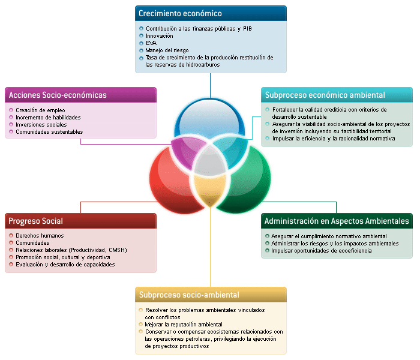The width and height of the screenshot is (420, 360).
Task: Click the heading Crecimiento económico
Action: point(180,13)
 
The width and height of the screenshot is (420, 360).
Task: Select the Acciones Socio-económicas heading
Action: point(58,95)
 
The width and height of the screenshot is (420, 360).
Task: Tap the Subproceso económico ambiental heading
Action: point(325,95)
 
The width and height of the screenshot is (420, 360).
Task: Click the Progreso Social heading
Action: point(36,221)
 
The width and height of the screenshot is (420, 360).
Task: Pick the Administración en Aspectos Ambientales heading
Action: point(337,221)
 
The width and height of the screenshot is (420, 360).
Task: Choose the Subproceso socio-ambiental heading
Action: point(189,295)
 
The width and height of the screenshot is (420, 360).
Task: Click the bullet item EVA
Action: point(151,43)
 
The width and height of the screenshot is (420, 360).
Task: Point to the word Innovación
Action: point(160,36)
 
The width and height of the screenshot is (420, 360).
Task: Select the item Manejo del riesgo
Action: point(167,50)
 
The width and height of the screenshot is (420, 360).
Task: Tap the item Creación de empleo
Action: point(41,110)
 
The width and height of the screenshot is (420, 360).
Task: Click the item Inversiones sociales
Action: point(41,125)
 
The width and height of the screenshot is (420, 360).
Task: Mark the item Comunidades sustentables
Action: point(49,132)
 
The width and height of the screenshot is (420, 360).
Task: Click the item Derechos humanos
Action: point(40,236)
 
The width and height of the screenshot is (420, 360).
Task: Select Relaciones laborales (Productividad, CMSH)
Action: point(71,250)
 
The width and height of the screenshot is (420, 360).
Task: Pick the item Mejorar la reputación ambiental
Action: point(180,324)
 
